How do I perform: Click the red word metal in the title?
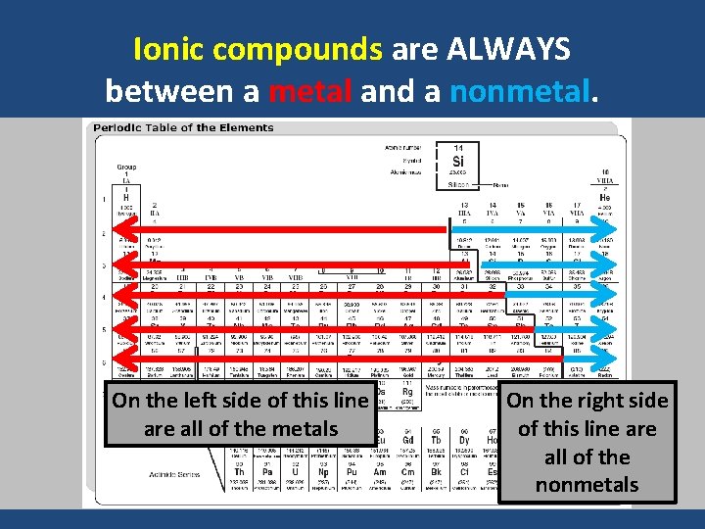[309, 91]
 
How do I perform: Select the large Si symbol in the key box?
[458, 162]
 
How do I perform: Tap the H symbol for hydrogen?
[125, 198]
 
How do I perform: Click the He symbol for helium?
[605, 198]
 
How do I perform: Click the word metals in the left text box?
[306, 429]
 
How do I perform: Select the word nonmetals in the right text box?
[587, 484]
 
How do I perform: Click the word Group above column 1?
[127, 167]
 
